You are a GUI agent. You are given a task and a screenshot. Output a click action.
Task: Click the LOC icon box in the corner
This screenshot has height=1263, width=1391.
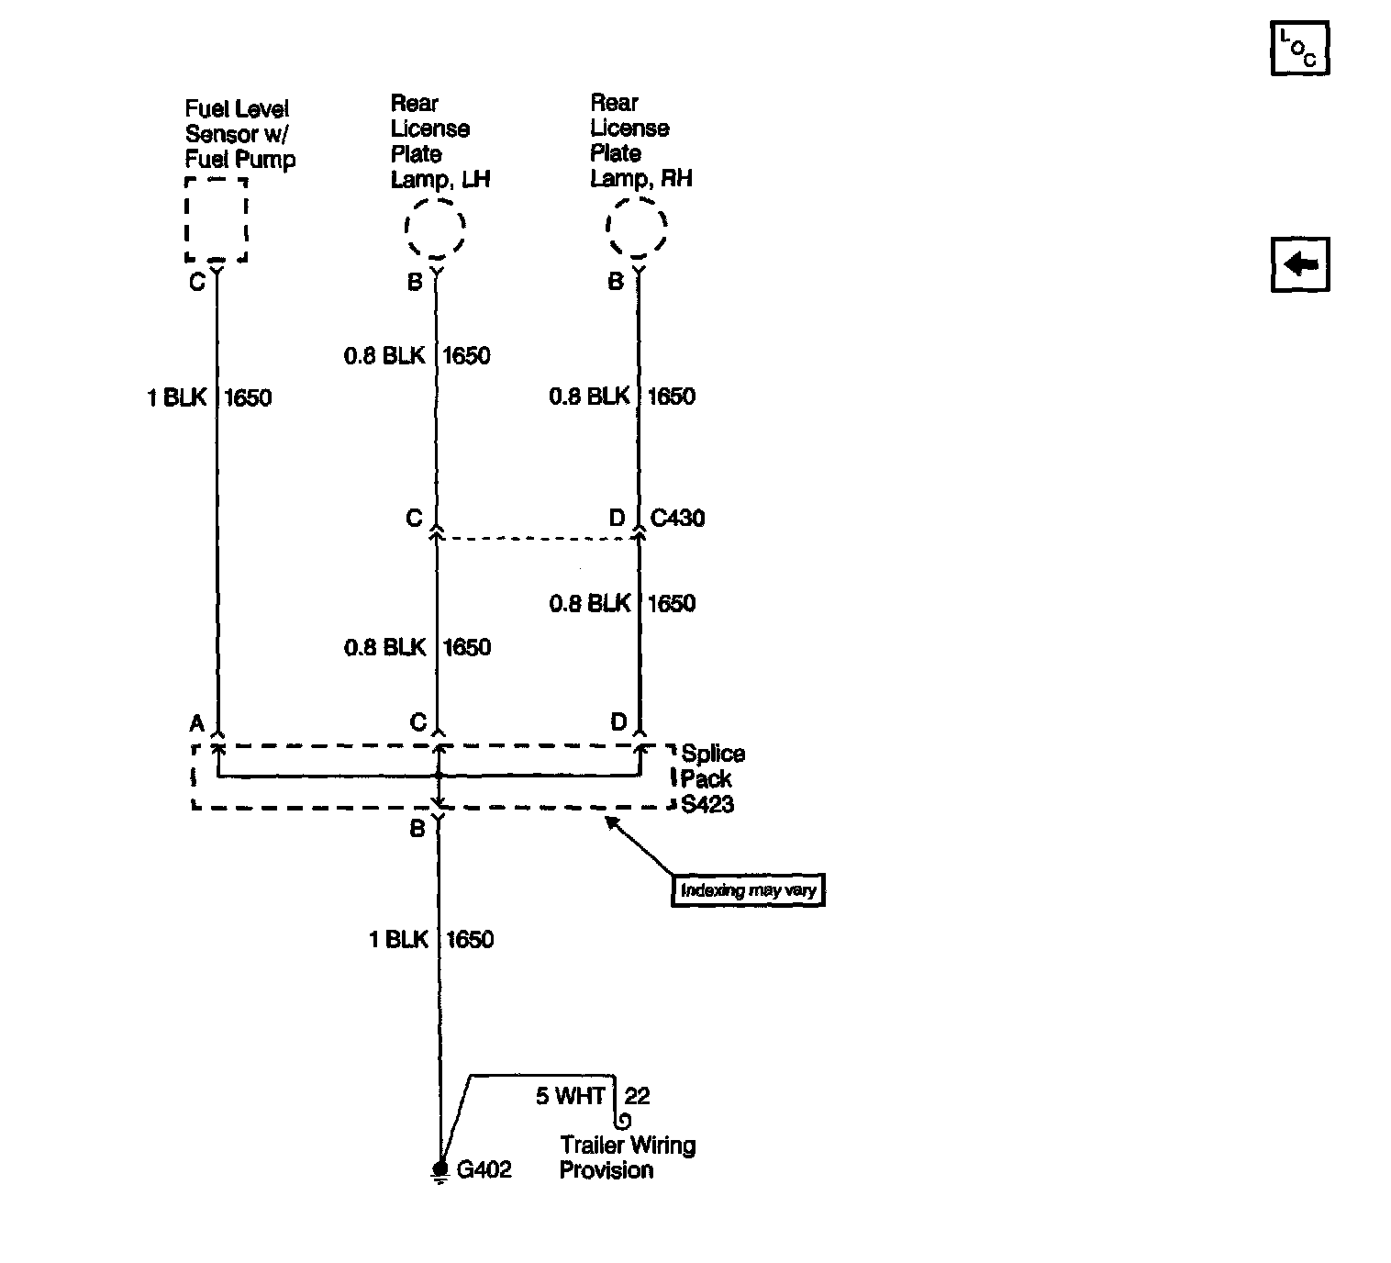click(1299, 49)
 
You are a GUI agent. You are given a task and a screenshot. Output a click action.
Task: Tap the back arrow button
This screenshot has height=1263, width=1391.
click(1299, 265)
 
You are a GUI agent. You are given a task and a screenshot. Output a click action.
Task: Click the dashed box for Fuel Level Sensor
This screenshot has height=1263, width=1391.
click(217, 220)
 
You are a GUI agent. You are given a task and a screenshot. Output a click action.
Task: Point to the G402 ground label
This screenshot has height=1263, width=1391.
click(484, 1170)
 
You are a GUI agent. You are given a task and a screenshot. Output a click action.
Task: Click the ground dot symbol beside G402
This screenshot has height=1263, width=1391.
click(440, 1168)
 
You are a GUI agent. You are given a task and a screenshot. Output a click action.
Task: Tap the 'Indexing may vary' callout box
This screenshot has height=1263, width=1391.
click(748, 890)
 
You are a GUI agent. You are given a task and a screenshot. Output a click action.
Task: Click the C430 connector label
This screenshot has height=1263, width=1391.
click(677, 519)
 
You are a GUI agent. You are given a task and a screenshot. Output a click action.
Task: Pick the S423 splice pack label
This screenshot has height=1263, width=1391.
click(707, 805)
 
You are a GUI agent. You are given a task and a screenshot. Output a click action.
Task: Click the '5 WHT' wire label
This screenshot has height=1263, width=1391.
click(570, 1096)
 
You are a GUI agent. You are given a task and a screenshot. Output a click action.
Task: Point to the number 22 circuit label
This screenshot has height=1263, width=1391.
click(637, 1096)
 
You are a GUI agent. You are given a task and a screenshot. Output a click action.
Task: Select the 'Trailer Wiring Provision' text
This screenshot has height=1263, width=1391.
click(628, 1157)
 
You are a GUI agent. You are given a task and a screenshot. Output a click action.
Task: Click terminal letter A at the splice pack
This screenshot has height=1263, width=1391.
click(196, 723)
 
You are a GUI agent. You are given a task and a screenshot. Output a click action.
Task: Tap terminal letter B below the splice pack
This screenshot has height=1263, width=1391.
click(417, 829)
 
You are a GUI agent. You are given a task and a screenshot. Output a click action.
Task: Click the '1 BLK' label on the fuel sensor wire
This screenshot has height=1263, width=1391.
click(177, 397)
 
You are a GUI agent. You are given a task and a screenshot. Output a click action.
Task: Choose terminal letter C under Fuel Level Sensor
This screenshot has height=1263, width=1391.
click(196, 282)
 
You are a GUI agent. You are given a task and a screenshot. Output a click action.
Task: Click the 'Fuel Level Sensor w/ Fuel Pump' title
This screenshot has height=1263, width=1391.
click(239, 134)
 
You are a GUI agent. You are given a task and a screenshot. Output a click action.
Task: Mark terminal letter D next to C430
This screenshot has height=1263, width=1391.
click(617, 519)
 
